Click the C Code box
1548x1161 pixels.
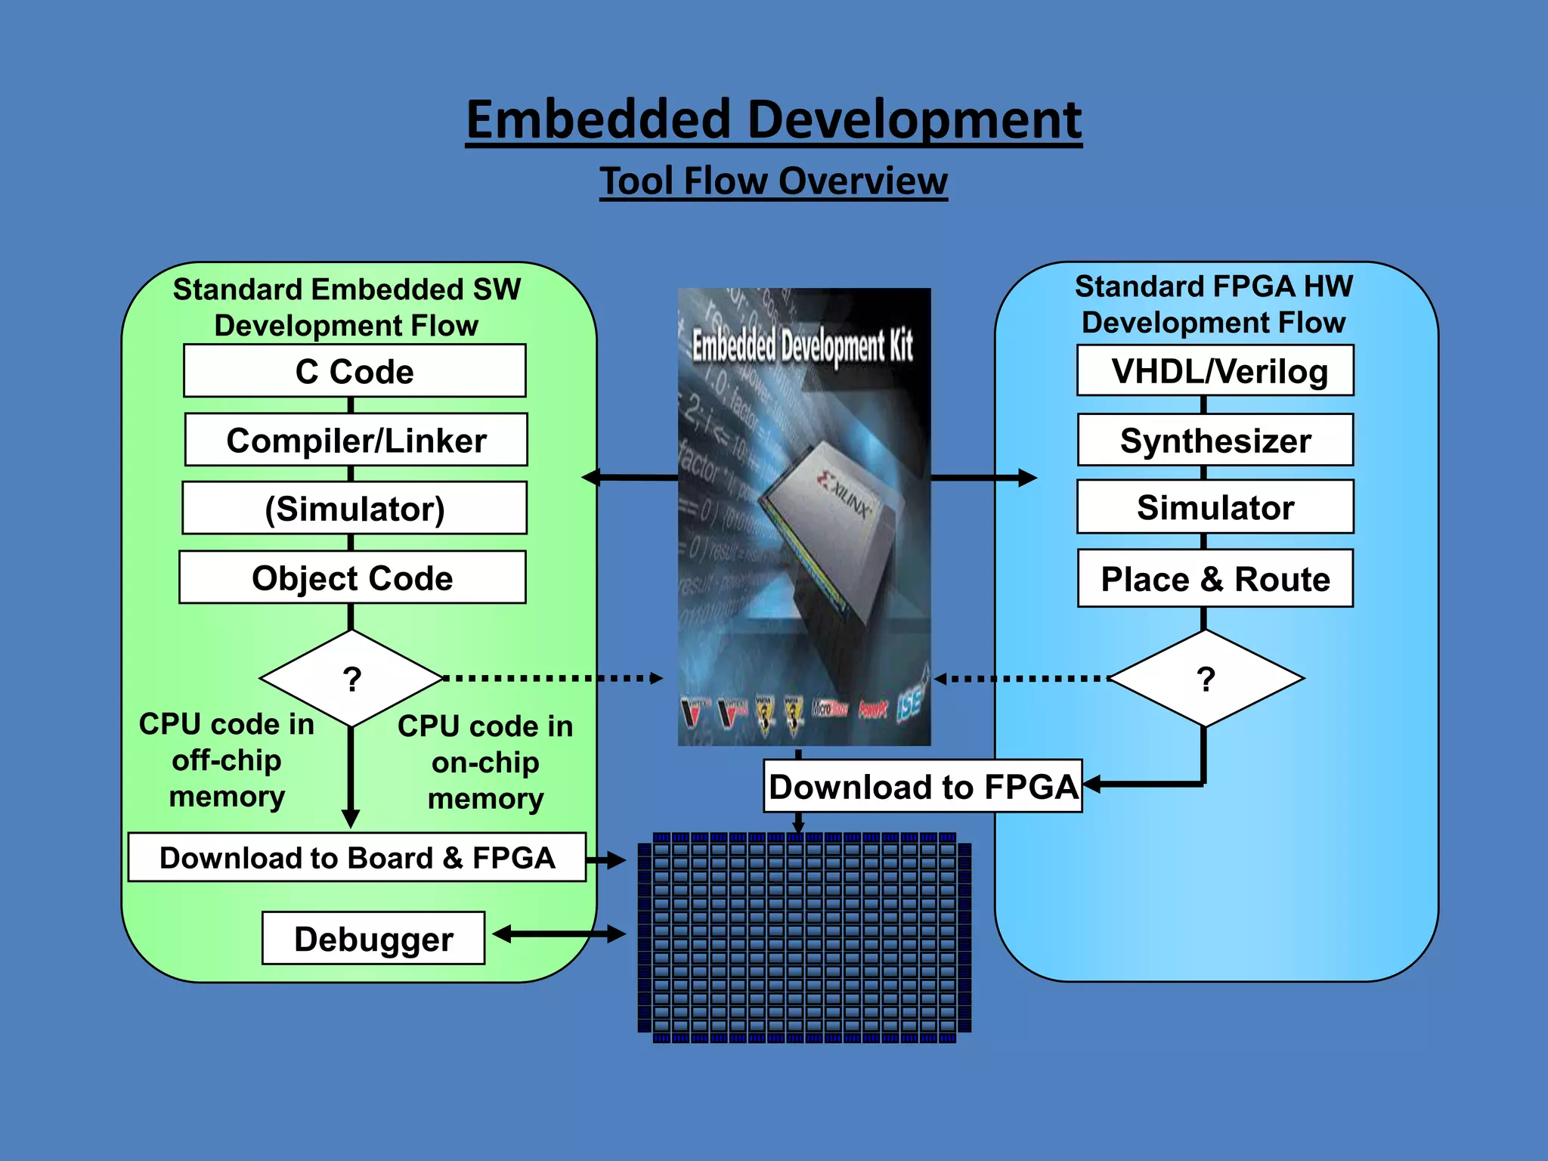[354, 371]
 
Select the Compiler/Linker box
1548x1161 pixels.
[356, 440]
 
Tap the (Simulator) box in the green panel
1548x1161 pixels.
[354, 509]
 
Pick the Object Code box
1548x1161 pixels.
[352, 577]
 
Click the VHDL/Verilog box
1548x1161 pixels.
[1215, 370]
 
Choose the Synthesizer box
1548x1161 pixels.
[1215, 440]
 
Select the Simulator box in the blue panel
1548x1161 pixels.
[1215, 507]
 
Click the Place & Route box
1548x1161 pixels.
[1215, 579]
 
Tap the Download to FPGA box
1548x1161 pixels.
[923, 787]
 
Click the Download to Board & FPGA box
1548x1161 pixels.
[357, 858]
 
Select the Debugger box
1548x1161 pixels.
[373, 939]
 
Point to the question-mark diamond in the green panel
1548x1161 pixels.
[351, 679]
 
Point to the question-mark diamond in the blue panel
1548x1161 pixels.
[1206, 679]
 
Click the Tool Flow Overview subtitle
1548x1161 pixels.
[773, 181]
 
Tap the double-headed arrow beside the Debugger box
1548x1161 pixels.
[559, 935]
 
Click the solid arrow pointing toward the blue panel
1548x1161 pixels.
[983, 478]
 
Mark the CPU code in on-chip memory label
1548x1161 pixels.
[485, 762]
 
